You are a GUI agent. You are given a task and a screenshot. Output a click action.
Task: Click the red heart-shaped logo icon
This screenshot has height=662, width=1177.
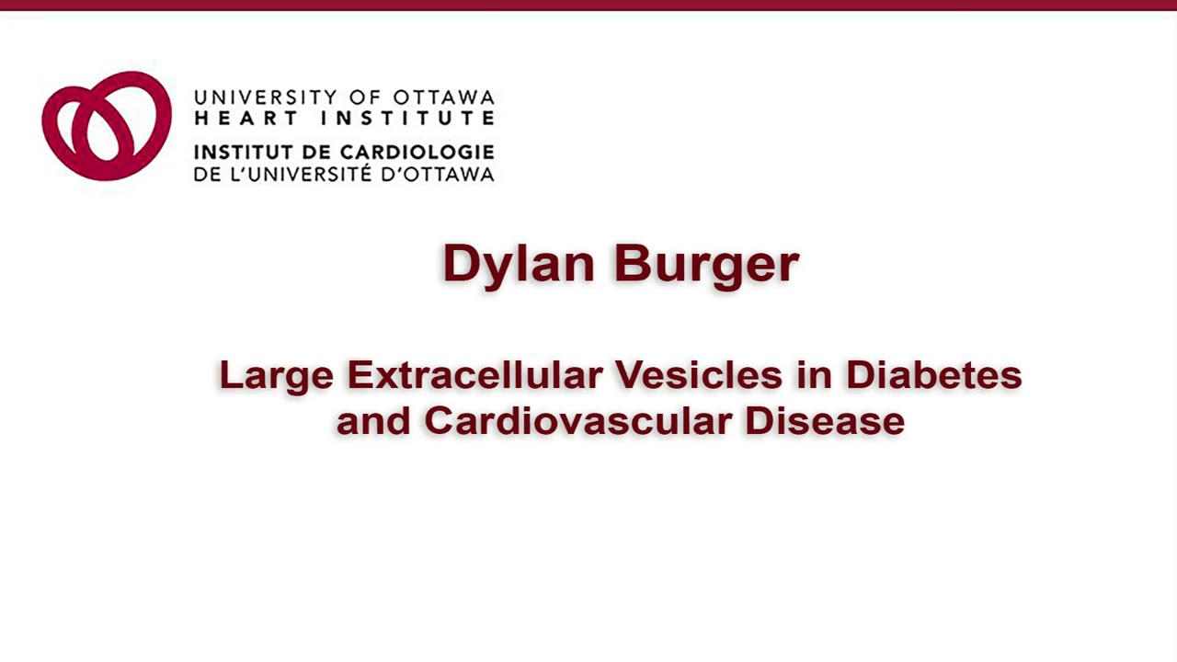click(107, 126)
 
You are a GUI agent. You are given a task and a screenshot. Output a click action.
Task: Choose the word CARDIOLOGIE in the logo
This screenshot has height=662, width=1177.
click(417, 152)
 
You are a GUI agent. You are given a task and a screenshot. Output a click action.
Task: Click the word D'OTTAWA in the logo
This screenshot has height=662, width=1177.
click(440, 173)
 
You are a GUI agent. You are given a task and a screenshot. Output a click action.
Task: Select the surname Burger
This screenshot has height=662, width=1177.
click(706, 264)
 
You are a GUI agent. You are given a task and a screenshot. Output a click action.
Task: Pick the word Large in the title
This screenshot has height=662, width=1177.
click(276, 375)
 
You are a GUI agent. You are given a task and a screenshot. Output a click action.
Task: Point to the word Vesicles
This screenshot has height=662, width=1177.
click(698, 375)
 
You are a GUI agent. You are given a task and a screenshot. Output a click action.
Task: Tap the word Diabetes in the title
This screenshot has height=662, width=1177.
click(933, 375)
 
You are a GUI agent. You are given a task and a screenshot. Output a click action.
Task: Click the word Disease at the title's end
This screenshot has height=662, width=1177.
click(825, 421)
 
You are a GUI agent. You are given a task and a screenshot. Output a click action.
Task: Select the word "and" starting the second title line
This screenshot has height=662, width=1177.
click(373, 421)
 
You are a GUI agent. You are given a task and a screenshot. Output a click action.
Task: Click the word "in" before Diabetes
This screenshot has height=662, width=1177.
click(814, 375)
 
